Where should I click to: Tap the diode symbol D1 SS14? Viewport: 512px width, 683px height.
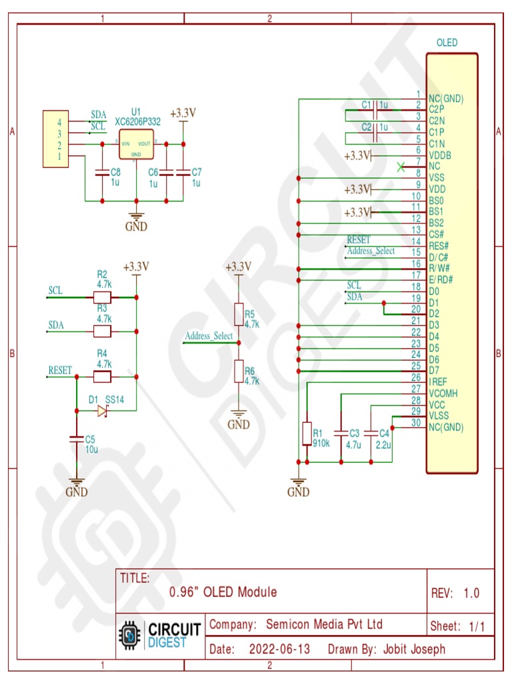click(102, 412)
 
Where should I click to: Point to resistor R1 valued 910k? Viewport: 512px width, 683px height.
click(307, 433)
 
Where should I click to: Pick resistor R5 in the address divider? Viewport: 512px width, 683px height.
click(239, 314)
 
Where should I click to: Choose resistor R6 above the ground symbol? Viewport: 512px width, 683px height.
click(239, 371)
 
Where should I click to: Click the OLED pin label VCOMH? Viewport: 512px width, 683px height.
click(443, 393)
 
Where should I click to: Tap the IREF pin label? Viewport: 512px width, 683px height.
click(438, 382)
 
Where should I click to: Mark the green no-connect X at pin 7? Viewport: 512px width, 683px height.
click(400, 167)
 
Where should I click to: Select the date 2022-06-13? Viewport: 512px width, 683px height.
click(279, 649)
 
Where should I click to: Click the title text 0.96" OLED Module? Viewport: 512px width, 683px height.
click(223, 592)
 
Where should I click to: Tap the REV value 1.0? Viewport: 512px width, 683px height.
click(471, 593)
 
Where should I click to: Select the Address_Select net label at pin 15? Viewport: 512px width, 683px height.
click(371, 251)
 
